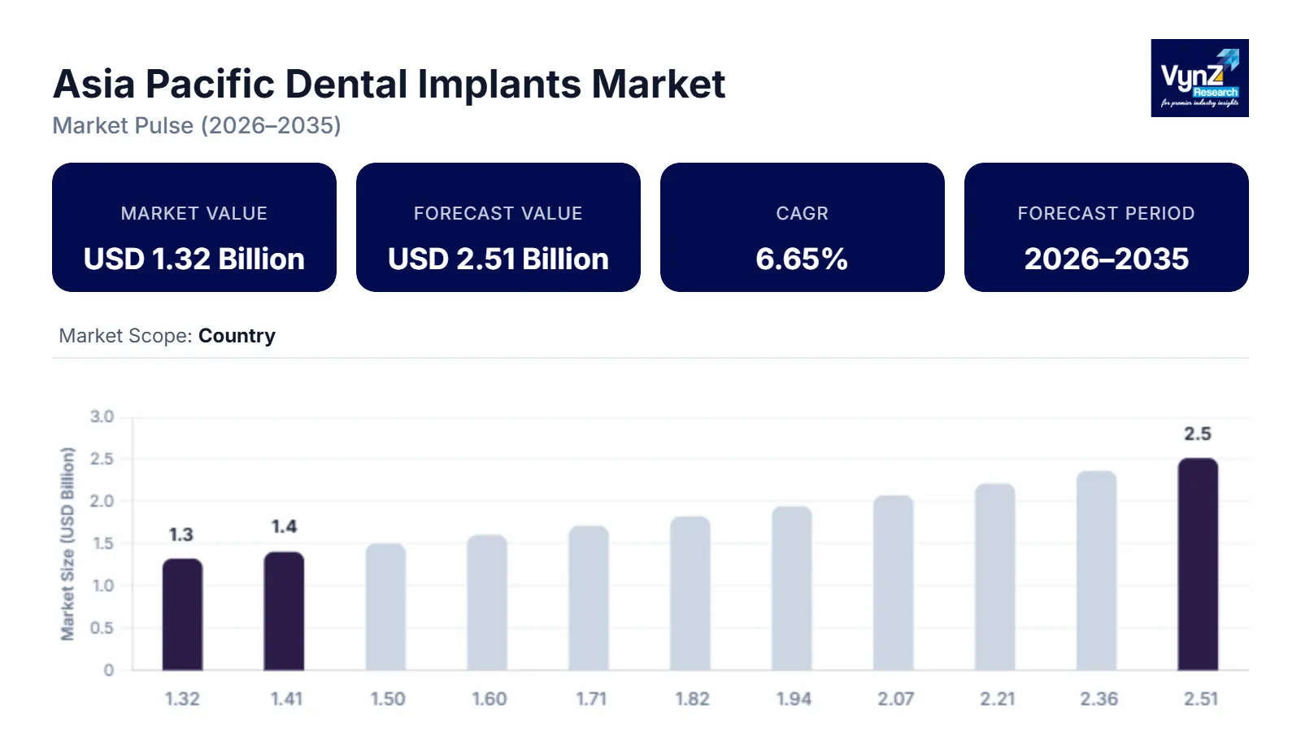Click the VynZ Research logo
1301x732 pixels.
[x=1199, y=78]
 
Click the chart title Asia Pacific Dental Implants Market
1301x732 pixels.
[x=389, y=84]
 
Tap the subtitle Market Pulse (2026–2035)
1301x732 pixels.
[x=197, y=125]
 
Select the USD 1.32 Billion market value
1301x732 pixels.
[x=194, y=259]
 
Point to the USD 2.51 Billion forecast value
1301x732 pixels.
[x=498, y=259]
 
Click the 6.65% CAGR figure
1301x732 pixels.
[x=802, y=259]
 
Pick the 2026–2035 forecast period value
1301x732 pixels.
[x=1106, y=259]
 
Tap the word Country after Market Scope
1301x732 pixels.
[x=237, y=336]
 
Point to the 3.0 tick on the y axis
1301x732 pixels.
[x=102, y=416]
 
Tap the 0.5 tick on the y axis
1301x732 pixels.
[x=102, y=628]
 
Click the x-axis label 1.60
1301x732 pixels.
[x=490, y=699]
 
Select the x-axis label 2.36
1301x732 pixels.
[x=1099, y=699]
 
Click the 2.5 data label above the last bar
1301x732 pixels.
[x=1198, y=434]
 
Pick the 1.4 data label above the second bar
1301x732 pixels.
[x=284, y=526]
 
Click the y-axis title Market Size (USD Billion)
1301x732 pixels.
[x=67, y=543]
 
